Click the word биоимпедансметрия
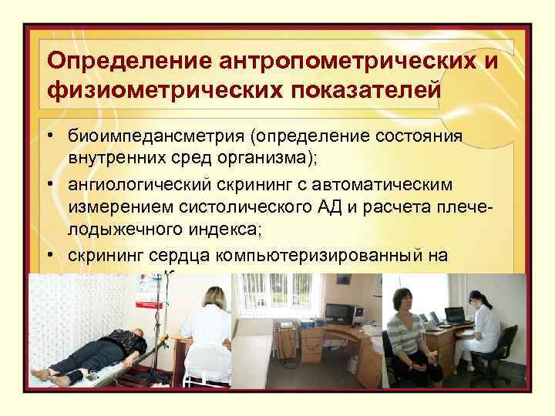coord(155,136)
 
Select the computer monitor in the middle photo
coord(339,313)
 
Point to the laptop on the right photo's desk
coord(456,315)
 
